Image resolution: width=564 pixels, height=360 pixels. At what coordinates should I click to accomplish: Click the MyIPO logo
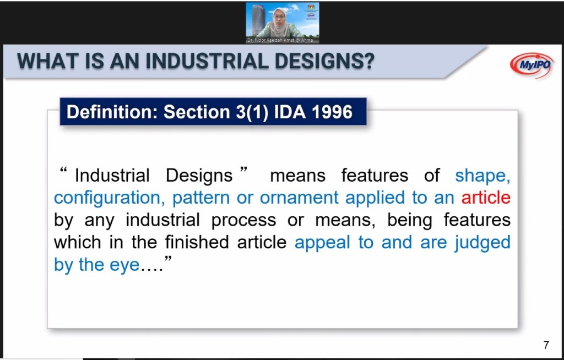[532, 65]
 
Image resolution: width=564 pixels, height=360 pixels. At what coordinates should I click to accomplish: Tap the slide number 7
[546, 345]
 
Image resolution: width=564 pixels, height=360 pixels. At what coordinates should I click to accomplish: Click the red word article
[486, 198]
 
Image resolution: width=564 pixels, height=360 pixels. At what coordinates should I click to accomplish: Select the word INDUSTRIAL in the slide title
[207, 61]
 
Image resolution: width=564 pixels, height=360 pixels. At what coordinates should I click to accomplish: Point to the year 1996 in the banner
[332, 112]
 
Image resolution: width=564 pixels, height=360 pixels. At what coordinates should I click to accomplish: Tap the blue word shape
[482, 176]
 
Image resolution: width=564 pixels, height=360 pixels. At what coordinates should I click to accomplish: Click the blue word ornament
[299, 198]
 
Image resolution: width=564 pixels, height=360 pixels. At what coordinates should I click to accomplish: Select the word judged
[482, 243]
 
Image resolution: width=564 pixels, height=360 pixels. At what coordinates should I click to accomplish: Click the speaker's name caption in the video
[280, 40]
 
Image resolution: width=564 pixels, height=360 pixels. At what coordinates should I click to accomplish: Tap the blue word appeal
[322, 243]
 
